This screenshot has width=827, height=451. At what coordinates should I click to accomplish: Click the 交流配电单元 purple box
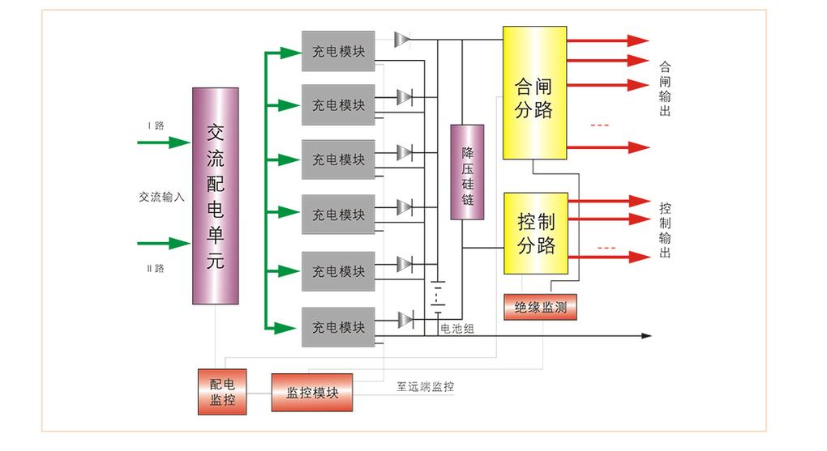coord(215,195)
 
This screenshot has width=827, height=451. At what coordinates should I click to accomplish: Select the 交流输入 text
coord(162,196)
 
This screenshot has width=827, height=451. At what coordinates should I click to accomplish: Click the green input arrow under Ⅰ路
coord(164,143)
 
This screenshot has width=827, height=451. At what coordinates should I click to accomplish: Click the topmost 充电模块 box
coord(338,50)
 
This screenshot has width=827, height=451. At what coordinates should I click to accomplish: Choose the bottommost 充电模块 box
coord(338,327)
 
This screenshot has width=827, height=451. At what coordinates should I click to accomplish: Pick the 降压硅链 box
coord(467,172)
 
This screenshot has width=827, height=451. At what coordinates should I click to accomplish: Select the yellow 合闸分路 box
coord(534,93)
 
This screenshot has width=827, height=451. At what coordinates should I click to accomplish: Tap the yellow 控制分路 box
coord(536,233)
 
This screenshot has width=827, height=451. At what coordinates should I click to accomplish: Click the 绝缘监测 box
coord(539,308)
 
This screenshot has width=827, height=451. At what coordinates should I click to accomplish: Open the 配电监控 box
coord(222,391)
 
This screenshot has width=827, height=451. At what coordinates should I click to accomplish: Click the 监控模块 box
coord(312,393)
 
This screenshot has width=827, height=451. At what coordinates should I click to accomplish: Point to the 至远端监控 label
coord(425,387)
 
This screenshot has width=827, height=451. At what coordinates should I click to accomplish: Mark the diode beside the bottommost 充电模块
coord(405,318)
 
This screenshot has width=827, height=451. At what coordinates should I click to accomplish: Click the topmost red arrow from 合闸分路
coord(608,40)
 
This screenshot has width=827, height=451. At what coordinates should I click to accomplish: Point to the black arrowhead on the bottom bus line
coord(645,335)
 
